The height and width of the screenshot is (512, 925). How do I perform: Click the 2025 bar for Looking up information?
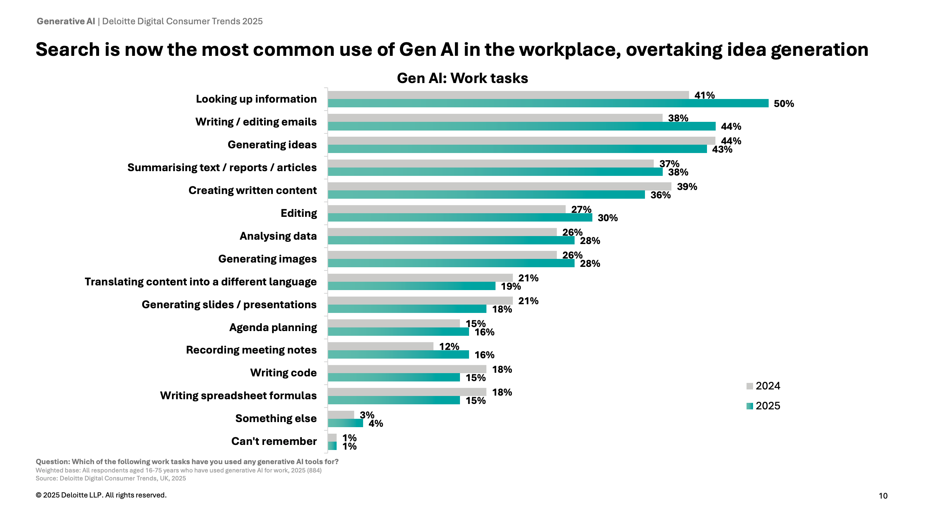(548, 103)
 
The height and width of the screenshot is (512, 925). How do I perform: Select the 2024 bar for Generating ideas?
(521, 140)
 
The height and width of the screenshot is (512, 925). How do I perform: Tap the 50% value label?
(784, 104)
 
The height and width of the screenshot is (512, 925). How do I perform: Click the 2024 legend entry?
(763, 386)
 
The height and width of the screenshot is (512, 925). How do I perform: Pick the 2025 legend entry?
(763, 406)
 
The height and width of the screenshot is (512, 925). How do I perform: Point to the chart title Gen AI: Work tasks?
(462, 78)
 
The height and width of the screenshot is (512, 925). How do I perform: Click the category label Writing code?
(283, 373)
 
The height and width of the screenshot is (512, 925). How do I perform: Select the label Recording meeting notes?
(251, 350)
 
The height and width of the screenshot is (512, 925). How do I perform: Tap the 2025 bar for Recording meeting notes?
(398, 355)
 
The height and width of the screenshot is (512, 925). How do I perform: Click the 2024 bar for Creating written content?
(499, 186)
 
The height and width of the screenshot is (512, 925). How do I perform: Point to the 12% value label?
(449, 347)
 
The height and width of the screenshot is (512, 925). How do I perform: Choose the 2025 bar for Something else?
(345, 423)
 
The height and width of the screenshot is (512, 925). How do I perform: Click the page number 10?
(883, 496)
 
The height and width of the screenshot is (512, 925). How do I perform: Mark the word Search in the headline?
(67, 50)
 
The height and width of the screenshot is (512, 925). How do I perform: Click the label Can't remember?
(274, 441)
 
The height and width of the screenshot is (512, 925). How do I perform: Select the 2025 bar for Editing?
(460, 218)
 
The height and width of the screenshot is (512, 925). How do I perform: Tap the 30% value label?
(608, 218)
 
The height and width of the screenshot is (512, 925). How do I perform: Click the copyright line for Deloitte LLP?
(101, 495)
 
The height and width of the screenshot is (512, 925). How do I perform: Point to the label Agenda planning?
(273, 327)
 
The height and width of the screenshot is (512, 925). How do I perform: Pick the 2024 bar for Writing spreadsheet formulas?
(407, 392)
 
